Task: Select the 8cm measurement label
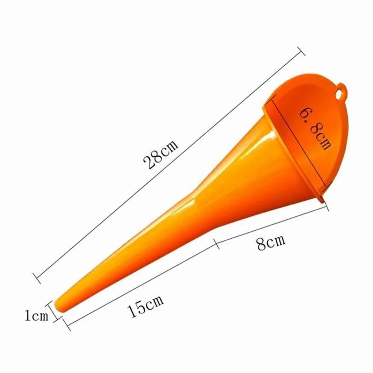pos(271,243)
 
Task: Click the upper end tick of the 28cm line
pos(300,51)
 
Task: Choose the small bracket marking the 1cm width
pos(54,312)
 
